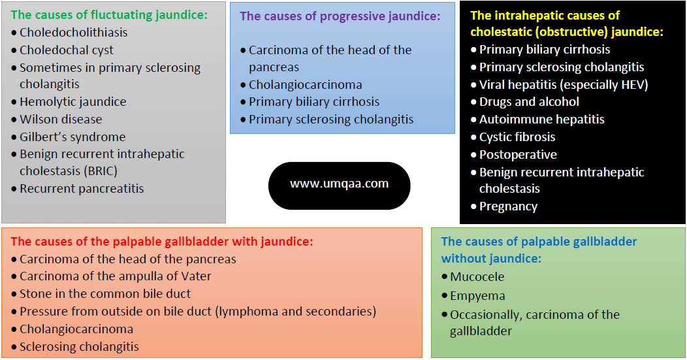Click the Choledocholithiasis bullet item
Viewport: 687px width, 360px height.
coord(73,32)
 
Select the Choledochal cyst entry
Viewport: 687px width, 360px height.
coord(66,50)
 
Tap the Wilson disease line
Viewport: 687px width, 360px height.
coord(61,119)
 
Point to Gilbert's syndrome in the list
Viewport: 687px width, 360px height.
coord(72,137)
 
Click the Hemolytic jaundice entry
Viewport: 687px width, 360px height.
coord(72,101)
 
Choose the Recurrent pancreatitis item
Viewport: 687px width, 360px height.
coord(82,188)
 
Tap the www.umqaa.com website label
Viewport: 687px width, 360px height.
coord(339,184)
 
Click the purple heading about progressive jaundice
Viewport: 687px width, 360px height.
coord(340,16)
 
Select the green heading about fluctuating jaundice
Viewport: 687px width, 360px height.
coord(109,14)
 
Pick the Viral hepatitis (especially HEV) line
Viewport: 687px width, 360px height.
coord(563,84)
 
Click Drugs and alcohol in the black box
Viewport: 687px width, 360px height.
coord(529,101)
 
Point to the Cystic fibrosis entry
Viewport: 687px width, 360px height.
coord(517,137)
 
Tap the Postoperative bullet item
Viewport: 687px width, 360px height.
coord(518,154)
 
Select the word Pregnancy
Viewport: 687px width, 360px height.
coord(508,206)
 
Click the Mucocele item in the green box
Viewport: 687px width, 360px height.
coord(477,276)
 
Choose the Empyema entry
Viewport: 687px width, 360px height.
coord(477,295)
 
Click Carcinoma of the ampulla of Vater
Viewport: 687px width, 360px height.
coord(115,276)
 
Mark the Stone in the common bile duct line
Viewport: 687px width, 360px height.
coord(105,293)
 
